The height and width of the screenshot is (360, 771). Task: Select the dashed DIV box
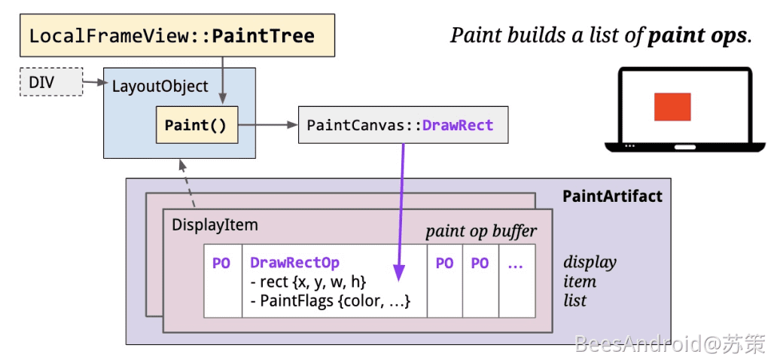point(51,82)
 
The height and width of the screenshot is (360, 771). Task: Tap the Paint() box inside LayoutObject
point(196,125)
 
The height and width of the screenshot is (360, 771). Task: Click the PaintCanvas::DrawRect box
point(403,125)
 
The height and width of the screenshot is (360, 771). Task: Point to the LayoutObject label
point(160,86)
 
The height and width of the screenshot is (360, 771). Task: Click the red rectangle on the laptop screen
point(672,106)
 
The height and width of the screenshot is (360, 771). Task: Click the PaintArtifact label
point(612,197)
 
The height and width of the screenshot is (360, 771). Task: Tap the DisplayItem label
point(215,224)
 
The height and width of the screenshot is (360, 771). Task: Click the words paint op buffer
point(481,231)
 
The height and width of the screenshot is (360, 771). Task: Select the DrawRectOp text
point(294,263)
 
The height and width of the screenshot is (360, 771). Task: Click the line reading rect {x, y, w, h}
point(308,282)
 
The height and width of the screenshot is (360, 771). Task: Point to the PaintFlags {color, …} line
point(330,301)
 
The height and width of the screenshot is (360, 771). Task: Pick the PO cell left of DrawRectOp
point(221,264)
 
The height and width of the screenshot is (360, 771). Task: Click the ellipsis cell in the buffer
point(516,264)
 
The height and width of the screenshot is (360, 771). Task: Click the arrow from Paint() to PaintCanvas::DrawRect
point(267,126)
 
